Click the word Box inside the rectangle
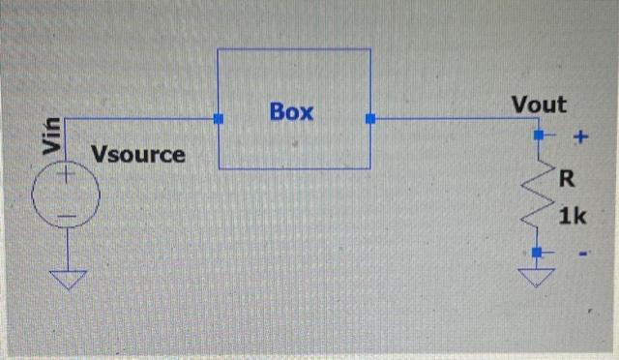tap(292, 111)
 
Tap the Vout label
tap(539, 105)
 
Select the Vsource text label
tap(137, 154)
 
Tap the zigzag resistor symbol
tap(540, 197)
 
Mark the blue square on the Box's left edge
tap(219, 119)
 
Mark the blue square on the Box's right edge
tap(370, 119)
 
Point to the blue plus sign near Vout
tap(580, 137)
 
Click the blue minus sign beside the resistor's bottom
tap(583, 255)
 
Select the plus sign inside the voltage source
tap(66, 176)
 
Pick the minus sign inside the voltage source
tap(65, 214)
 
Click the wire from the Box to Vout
tap(455, 119)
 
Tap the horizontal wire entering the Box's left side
tap(145, 119)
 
